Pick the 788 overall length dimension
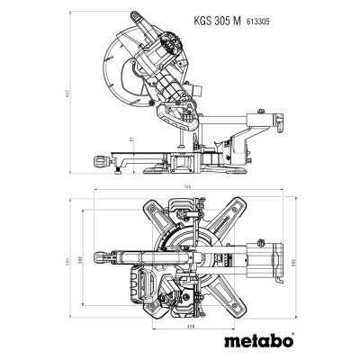point(188,188)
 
